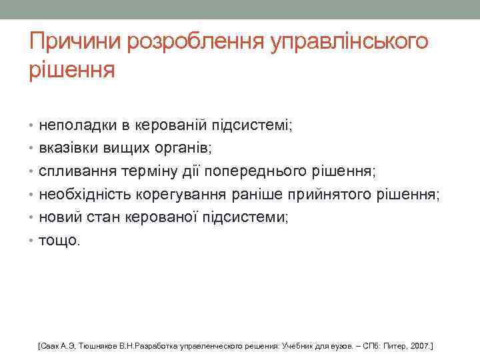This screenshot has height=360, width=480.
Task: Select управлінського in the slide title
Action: click(349, 43)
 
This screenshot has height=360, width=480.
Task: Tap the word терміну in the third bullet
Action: click(147, 171)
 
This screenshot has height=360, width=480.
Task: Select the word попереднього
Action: click(256, 171)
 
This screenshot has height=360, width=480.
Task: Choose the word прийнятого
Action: click(321, 195)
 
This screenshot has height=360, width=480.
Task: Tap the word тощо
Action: click(59, 241)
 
